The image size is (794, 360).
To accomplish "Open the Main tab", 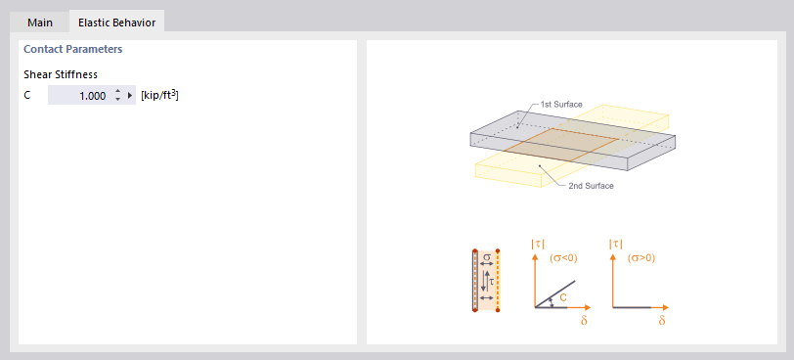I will [40, 22].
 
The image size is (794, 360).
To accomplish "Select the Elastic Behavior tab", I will [117, 22].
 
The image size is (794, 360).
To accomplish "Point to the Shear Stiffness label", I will [61, 74].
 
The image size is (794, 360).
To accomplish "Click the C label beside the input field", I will [27, 96].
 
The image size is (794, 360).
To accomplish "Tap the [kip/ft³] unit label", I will [159, 95].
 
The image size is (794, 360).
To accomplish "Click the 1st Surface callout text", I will [561, 104].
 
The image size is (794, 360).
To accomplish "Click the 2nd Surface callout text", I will [591, 185].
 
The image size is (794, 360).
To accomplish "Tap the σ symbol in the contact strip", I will [487, 258].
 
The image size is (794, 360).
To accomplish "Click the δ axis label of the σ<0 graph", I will [585, 321].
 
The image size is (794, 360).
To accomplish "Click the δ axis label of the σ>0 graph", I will [662, 321].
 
